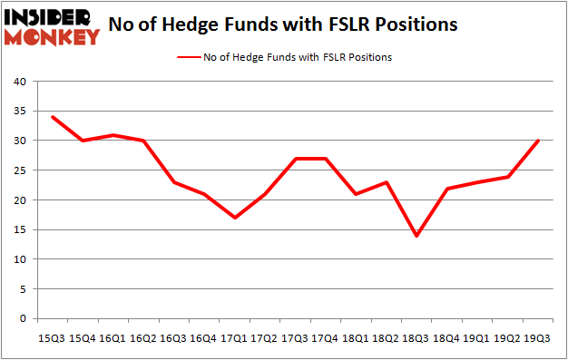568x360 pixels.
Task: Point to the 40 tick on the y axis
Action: pos(18,82)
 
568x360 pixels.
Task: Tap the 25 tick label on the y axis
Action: pos(18,170)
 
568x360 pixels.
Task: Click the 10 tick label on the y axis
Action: pos(18,259)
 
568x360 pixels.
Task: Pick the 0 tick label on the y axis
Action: pos(22,319)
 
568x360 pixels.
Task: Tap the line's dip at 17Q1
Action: pos(235,218)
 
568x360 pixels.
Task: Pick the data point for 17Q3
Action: pos(296,159)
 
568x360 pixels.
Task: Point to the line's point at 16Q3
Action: pos(173,182)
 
